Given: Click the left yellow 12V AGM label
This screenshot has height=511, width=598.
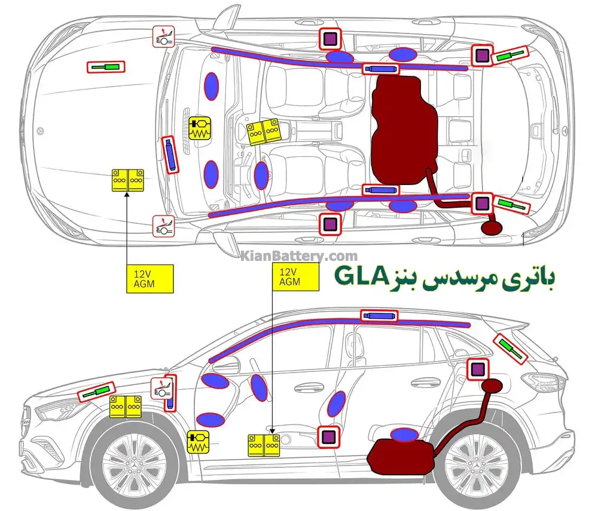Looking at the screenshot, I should pyautogui.click(x=149, y=278).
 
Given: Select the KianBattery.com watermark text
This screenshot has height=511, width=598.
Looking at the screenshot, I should pyautogui.click(x=300, y=256).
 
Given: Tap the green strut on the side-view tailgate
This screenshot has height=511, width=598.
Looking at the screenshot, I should pyautogui.click(x=511, y=349).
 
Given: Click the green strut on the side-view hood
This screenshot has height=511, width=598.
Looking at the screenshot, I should pyautogui.click(x=96, y=392).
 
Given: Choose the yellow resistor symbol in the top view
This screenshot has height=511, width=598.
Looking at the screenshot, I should pyautogui.click(x=199, y=128).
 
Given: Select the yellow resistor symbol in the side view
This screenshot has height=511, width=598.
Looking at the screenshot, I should pyautogui.click(x=198, y=444).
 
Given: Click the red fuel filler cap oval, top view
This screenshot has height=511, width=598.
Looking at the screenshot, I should pyautogui.click(x=493, y=227).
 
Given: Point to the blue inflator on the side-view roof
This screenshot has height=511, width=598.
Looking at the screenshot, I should pyautogui.click(x=379, y=315).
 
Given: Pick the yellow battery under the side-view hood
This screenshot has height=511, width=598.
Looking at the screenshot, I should pyautogui.click(x=125, y=407).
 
